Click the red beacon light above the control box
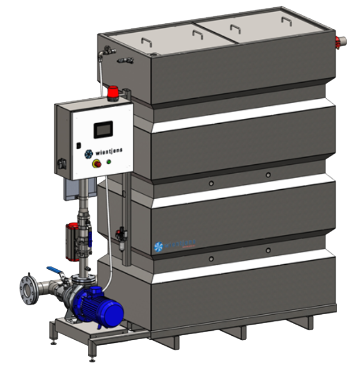[114, 92]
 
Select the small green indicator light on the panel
[108, 162]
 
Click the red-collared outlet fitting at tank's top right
[340, 41]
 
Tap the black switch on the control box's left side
[61, 165]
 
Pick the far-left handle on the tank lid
[147, 43]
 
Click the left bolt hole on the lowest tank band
[211, 259]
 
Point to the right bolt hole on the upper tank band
[268, 175]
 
